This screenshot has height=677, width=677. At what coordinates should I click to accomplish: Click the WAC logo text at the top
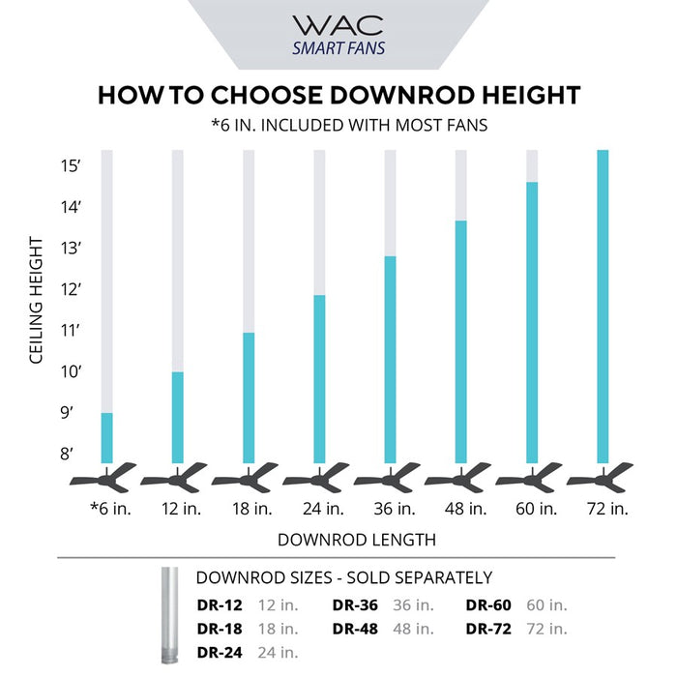pos(338,25)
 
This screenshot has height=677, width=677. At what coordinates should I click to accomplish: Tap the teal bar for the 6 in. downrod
pos(107,438)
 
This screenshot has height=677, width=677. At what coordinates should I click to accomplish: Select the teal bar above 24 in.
pos(319,379)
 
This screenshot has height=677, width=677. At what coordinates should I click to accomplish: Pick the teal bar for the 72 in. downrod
pos(603,307)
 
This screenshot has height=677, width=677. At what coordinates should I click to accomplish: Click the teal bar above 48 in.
pos(460,341)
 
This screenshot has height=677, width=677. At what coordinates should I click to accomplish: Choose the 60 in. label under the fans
pos(532,508)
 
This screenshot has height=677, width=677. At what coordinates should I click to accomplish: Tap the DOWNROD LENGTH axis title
pos(356,539)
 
